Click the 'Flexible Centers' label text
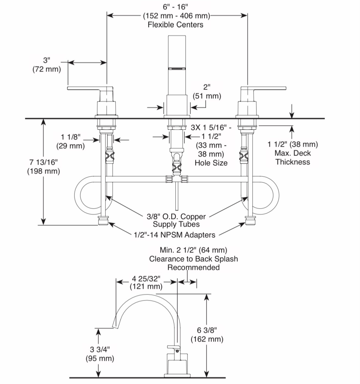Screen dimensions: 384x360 coord(175,25)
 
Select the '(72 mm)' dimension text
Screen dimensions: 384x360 coord(47,69)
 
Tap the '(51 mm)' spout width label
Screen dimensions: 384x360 coord(207,96)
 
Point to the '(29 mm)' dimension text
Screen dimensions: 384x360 coord(71,146)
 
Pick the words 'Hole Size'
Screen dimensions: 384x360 coord(211,163)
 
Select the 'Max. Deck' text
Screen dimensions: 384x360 coord(293,153)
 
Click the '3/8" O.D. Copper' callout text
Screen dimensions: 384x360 coord(176,216)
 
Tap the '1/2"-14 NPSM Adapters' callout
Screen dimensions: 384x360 coord(174,235)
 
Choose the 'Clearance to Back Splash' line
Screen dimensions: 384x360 coord(193,259)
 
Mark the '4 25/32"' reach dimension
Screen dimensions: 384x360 coord(146,279)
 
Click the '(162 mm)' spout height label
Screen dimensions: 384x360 coord(207,339)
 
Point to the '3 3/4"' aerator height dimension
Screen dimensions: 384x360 coord(100,350)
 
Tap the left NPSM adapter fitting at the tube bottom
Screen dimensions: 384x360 coord(103,221)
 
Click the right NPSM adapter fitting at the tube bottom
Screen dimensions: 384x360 coord(250,221)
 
